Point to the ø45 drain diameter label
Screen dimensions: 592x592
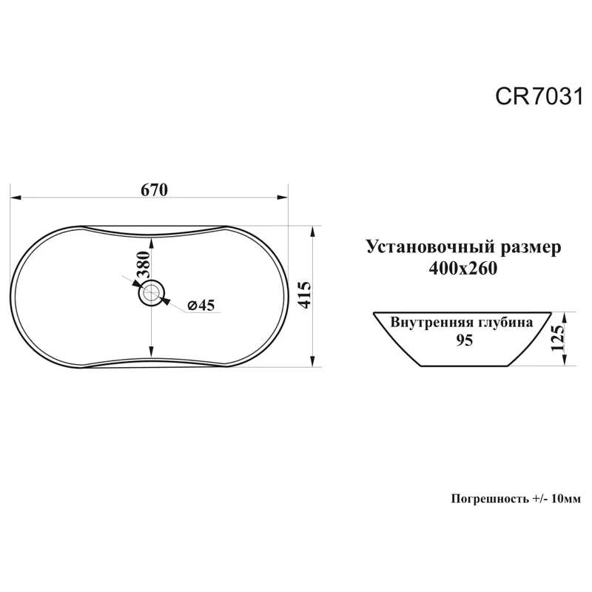[x=201, y=305]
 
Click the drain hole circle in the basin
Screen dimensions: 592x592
[x=152, y=294]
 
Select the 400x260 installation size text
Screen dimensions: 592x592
[x=462, y=269]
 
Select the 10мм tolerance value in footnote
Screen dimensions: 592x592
[x=566, y=499]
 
